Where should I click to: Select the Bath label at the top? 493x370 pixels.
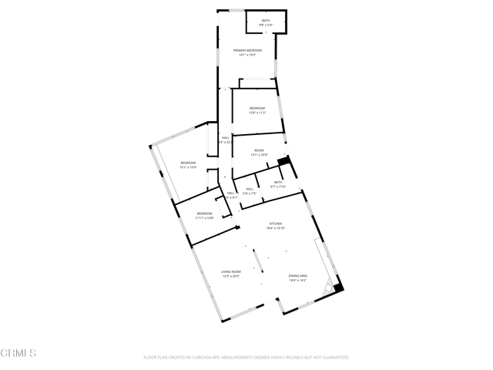[266, 21]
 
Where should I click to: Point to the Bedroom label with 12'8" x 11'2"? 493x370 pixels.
[257, 108]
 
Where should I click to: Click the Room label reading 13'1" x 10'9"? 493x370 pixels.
[260, 150]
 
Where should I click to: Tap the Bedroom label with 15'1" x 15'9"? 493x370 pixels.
[188, 163]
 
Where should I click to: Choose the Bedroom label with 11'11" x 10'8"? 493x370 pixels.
[204, 214]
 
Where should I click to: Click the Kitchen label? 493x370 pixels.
[276, 224]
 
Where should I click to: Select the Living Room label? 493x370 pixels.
[231, 271]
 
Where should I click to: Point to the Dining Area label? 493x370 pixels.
[298, 275]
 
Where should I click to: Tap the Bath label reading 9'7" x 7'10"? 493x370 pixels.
[278, 182]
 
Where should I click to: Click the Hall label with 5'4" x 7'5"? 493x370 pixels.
[250, 189]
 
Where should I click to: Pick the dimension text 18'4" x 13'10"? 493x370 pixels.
[276, 228]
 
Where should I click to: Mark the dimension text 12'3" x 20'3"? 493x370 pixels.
[231, 276]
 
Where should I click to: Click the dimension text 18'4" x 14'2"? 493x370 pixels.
[298, 280]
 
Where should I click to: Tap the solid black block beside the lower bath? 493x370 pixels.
[283, 161]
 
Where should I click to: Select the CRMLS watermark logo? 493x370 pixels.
[18, 354]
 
